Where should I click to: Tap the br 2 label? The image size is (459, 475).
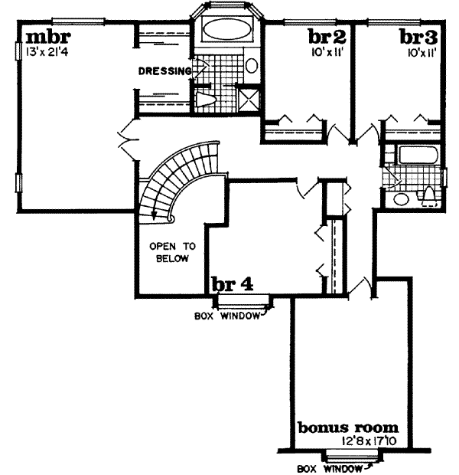click(x=327, y=36)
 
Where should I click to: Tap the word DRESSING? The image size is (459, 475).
click(x=164, y=72)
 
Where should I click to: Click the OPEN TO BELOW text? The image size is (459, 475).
click(x=173, y=252)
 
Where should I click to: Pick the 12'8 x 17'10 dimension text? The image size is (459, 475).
click(x=353, y=441)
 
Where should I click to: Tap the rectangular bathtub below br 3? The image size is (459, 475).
click(x=418, y=154)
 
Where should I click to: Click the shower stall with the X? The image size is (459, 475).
click(x=249, y=98)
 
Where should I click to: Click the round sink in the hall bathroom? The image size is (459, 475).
click(x=400, y=198)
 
